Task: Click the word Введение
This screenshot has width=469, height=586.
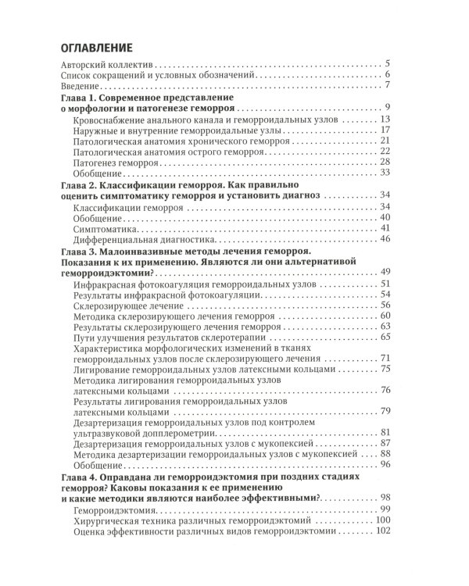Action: click(x=82, y=87)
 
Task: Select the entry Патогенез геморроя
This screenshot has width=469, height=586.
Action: click(x=119, y=162)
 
